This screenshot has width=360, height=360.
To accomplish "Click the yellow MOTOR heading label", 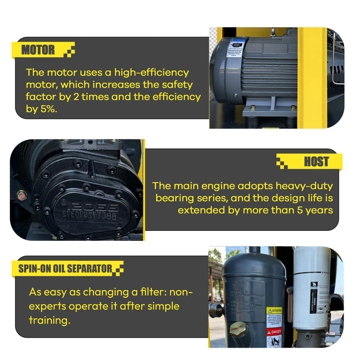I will click(x=39, y=50).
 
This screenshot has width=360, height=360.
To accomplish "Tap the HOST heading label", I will click(x=316, y=161).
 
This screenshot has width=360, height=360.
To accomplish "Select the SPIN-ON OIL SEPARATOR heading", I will click(x=65, y=268).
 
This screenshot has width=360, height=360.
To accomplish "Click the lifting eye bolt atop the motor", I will click(x=273, y=31).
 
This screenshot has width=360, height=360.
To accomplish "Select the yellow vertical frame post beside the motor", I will click(x=312, y=77).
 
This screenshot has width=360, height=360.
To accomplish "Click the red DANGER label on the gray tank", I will click(x=274, y=332).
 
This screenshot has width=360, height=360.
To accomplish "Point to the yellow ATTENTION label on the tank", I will click(x=274, y=311).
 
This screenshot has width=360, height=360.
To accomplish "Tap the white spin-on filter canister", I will click(x=312, y=288).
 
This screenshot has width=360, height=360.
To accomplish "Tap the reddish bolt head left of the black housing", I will click(x=21, y=195).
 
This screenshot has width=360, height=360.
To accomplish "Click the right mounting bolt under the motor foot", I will click(x=293, y=108).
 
